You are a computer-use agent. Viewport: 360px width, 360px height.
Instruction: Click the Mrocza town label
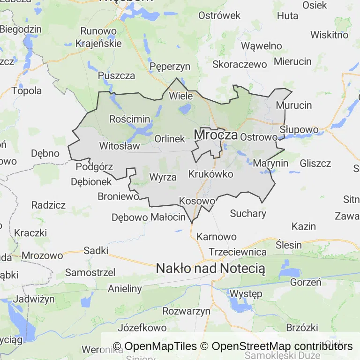[x=216, y=135]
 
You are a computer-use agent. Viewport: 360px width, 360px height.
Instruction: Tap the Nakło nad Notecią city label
[x=210, y=269]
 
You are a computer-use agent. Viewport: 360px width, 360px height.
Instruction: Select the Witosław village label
[x=120, y=146]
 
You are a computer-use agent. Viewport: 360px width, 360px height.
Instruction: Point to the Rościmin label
[x=129, y=119]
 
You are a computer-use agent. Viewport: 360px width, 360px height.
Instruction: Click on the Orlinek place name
[x=170, y=139]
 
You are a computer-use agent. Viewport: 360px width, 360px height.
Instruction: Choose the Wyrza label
[x=163, y=177]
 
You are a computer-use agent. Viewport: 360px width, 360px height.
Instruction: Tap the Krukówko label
[x=210, y=174]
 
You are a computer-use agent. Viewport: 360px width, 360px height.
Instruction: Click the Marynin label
[x=270, y=164]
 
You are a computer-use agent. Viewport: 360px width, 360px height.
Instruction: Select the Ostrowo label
[x=259, y=137]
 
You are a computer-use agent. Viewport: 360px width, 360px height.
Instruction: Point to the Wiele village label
[x=180, y=96]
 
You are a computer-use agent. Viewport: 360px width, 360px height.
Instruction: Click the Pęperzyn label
[x=170, y=67]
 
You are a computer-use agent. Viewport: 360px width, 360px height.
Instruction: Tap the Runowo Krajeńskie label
[x=98, y=37]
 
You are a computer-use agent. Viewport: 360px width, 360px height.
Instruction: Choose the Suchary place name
[x=248, y=213]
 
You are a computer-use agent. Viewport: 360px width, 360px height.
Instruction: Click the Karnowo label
[x=217, y=236]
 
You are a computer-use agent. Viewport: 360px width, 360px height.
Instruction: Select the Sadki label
[x=96, y=250]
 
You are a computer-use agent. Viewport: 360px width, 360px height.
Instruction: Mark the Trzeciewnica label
[x=238, y=252]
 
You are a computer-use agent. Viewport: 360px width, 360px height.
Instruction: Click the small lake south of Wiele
[x=185, y=109]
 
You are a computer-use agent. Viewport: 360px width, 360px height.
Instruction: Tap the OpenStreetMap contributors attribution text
[x=282, y=346]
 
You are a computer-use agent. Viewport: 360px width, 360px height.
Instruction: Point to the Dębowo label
[x=129, y=217]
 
